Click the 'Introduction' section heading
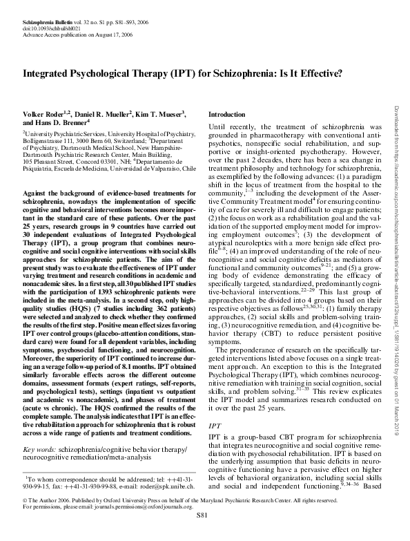pos(226,114)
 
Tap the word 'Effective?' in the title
pos(314,72)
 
